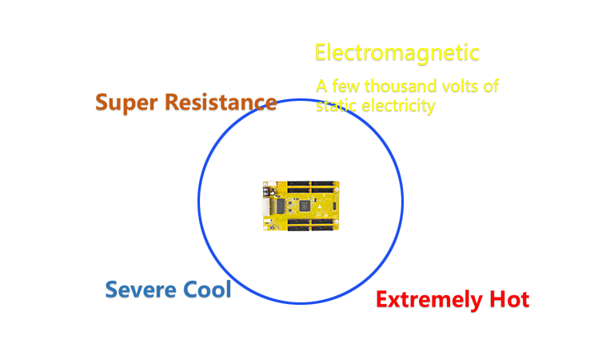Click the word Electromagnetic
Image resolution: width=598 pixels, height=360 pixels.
pos(397,53)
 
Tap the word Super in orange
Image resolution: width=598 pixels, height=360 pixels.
pos(126,102)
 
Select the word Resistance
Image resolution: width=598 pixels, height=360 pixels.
pos(221,102)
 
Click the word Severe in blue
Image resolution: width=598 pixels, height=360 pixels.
pos(141,290)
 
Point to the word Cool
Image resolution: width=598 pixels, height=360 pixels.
pos(207,289)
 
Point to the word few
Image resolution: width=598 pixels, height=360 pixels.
pos(346,86)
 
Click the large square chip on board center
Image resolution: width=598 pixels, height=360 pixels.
pos(304,206)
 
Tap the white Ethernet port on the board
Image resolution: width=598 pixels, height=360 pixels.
pos(265,206)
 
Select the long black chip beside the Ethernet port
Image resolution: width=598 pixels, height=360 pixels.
pos(281,206)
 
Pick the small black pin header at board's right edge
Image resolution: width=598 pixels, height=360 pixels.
pos(334,206)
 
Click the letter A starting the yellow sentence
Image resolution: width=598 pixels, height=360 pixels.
pos(321,86)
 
